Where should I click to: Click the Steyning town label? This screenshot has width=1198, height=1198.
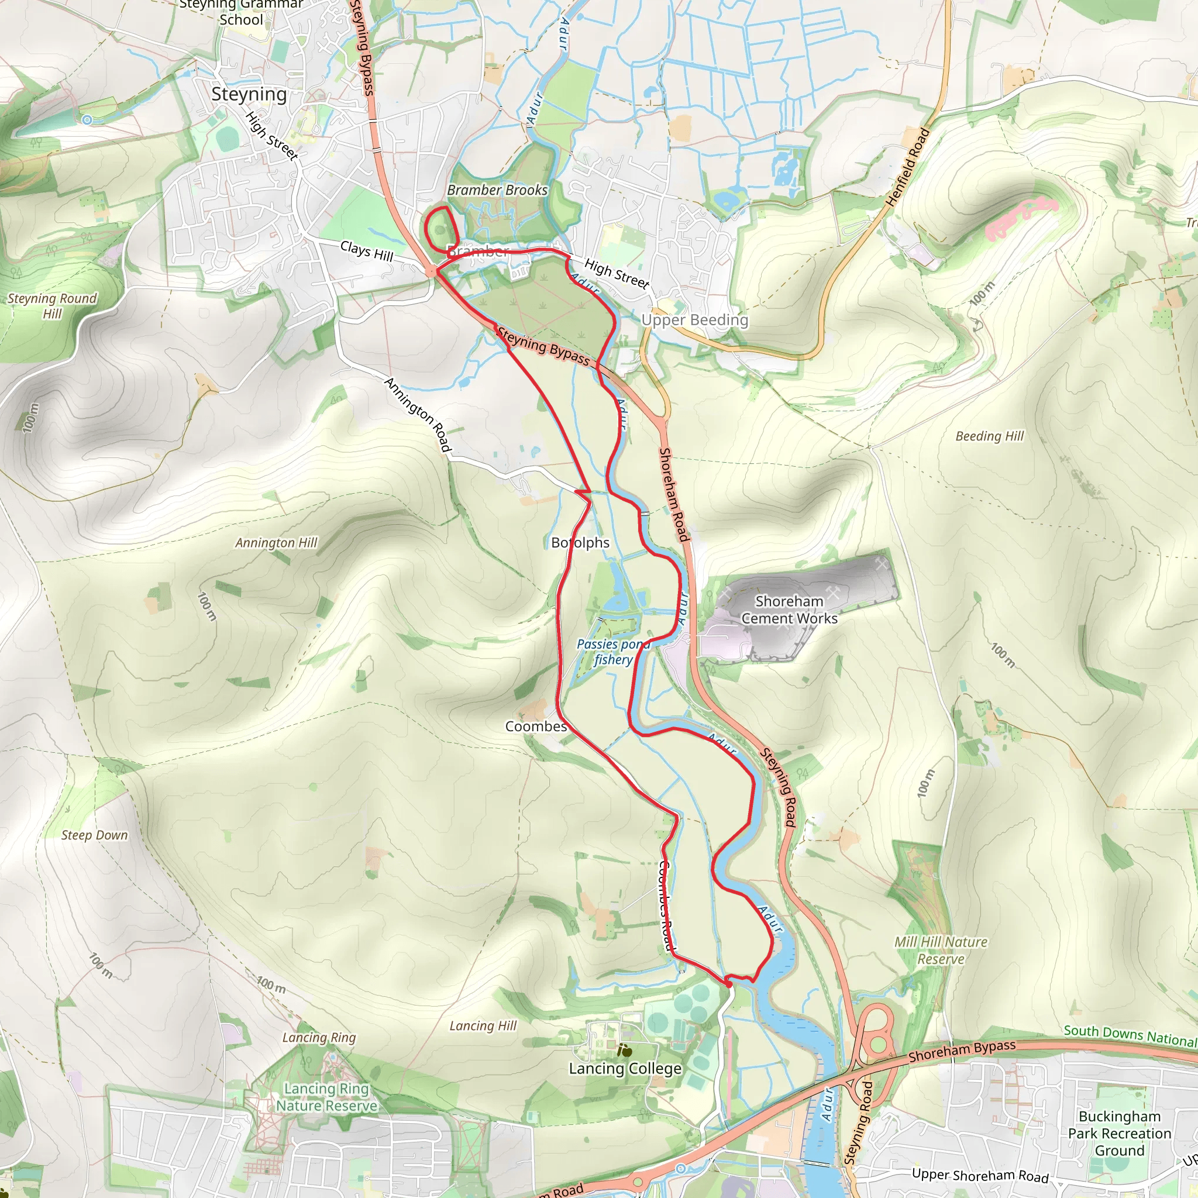coord(249,94)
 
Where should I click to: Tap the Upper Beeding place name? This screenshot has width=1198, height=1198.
coord(694,320)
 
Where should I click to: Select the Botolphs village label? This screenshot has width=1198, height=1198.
coord(580,543)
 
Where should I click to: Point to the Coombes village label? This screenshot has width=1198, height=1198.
coord(536,726)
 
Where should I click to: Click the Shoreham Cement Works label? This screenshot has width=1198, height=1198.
coord(789,610)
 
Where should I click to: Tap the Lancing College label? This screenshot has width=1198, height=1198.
coord(625,1068)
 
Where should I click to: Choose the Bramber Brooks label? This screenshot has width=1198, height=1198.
coord(497,190)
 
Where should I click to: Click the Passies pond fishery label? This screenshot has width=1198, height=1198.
coord(612,652)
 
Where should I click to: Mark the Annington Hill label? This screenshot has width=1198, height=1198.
coord(276,543)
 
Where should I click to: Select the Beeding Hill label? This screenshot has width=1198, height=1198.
coord(990,436)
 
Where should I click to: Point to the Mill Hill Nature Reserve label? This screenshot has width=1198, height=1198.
coord(941,950)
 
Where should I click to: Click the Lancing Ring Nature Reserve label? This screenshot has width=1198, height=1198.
coord(326,1097)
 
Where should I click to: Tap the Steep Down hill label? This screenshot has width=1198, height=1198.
coord(94,835)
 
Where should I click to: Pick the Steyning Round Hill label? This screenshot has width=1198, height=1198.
coord(52,306)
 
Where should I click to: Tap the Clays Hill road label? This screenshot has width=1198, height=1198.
coord(366,251)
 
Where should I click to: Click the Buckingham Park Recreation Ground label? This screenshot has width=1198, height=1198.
coord(1119,1133)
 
